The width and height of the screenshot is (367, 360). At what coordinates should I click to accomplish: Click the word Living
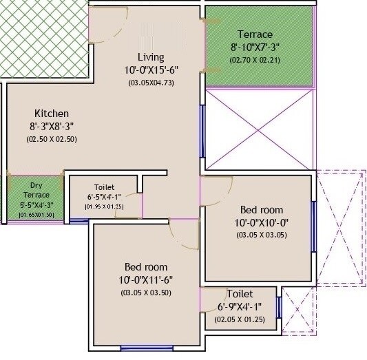click(151, 56)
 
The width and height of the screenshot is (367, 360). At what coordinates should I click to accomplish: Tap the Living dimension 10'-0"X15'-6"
click(151, 70)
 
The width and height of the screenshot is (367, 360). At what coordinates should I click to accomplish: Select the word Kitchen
click(52, 113)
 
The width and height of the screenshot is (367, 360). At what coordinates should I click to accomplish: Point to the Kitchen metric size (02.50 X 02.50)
click(52, 138)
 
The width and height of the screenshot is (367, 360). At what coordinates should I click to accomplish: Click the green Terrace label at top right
click(255, 34)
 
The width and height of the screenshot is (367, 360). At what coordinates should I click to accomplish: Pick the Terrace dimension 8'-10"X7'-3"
click(255, 47)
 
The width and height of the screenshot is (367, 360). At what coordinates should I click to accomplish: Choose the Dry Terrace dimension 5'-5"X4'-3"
click(36, 204)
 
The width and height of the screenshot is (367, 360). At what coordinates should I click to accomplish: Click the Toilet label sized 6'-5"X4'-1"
click(104, 187)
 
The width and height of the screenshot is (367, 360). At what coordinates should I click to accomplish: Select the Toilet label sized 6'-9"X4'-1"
click(235, 294)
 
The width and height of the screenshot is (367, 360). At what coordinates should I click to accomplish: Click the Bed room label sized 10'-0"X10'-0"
click(262, 209)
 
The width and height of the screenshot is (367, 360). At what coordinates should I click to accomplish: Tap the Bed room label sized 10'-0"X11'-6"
click(146, 266)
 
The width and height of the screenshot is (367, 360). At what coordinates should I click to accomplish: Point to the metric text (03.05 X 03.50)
click(146, 293)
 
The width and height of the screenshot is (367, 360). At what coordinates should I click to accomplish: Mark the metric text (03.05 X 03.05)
click(262, 235)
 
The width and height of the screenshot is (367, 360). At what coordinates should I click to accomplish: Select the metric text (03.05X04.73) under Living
click(151, 83)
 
